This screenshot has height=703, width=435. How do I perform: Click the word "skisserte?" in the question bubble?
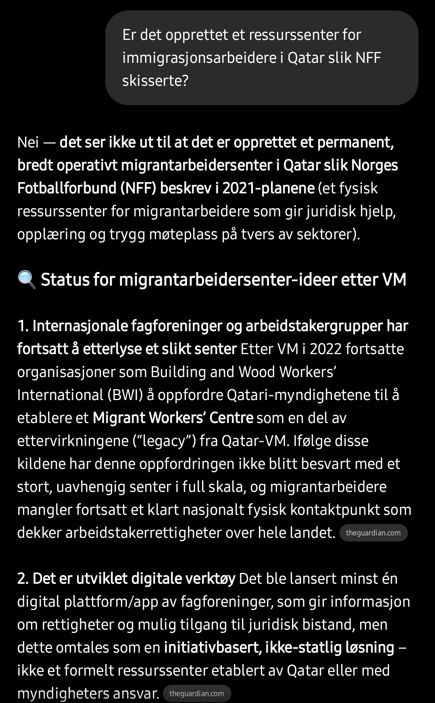(x=155, y=81)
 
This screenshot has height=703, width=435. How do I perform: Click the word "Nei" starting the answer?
(x=28, y=142)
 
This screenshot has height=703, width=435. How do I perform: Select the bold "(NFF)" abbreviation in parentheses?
(x=138, y=188)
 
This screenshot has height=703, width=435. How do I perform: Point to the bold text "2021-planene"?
(x=268, y=188)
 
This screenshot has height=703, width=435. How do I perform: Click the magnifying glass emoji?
(x=27, y=280)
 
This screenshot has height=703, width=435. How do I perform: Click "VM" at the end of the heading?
(x=394, y=280)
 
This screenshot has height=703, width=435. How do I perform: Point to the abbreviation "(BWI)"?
(x=125, y=395)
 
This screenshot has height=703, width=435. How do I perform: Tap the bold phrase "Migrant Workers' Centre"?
(x=173, y=418)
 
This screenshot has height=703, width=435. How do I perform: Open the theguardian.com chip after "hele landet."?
(x=373, y=533)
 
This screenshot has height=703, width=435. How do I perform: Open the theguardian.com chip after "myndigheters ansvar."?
(x=197, y=693)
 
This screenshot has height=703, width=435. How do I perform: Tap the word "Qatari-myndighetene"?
(x=293, y=395)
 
